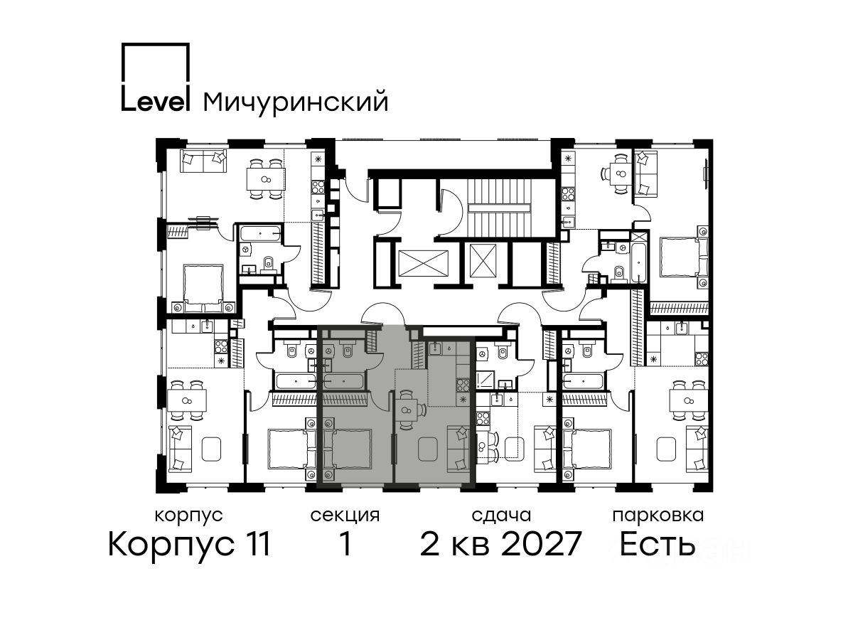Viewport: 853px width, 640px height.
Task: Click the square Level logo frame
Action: [x=189, y=62]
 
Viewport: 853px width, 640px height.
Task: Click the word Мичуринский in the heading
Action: [x=296, y=102]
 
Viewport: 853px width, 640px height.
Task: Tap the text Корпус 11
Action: [x=189, y=544]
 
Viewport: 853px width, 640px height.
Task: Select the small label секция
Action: [x=345, y=516]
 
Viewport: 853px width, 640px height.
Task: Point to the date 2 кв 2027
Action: [x=500, y=544]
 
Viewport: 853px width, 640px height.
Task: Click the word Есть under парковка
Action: [x=658, y=544]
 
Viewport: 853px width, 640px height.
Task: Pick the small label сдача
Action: [x=501, y=516]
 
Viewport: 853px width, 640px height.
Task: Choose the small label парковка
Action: [x=658, y=516]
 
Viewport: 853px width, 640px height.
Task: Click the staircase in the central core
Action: [x=500, y=208]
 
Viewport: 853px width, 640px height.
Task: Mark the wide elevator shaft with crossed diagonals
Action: [x=423, y=263]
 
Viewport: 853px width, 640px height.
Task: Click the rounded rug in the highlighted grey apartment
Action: [x=428, y=449]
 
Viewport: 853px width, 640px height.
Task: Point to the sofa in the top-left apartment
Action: [x=203, y=161]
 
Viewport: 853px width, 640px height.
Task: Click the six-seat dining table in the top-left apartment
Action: [x=266, y=178]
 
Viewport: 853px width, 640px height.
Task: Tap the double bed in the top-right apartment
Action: [x=683, y=257]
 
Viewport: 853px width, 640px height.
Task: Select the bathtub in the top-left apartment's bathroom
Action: [x=260, y=233]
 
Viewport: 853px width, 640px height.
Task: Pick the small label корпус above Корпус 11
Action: [x=188, y=516]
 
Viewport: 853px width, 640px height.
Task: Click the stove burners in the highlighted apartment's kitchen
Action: [x=463, y=385]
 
